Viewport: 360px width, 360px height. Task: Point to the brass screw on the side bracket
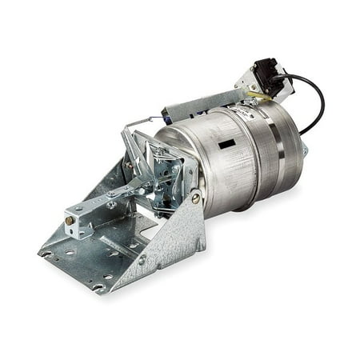(195, 197)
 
